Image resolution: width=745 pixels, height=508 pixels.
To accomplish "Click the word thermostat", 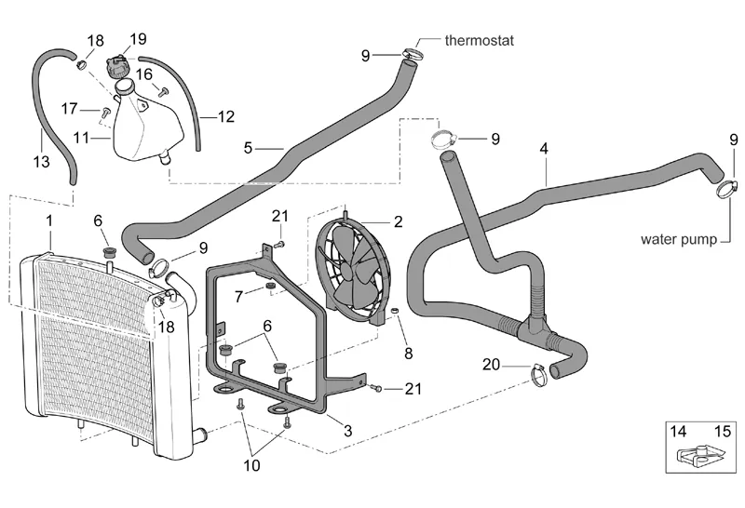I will [x=479, y=41].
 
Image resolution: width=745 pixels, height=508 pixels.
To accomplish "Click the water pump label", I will [x=679, y=239].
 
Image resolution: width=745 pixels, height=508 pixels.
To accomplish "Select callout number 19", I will [x=138, y=39].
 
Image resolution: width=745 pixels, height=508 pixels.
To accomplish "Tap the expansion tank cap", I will [x=118, y=68].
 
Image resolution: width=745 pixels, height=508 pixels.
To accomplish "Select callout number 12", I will [x=226, y=117].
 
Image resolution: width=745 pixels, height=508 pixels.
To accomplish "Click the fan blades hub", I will [x=355, y=271].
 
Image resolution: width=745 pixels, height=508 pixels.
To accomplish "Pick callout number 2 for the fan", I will [x=398, y=221].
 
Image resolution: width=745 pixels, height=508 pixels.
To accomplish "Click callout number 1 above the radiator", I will [x=49, y=221].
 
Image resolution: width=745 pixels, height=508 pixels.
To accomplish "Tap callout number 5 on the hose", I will [x=248, y=147].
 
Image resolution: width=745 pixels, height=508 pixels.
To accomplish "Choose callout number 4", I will [x=543, y=149].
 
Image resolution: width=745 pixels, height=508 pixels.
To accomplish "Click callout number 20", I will [x=491, y=365].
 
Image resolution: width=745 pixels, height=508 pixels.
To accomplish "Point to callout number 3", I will [x=347, y=431].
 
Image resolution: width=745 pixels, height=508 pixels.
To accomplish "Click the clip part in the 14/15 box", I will [x=690, y=456].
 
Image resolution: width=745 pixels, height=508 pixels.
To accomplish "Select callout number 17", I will [x=70, y=109].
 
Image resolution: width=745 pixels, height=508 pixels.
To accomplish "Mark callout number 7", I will [x=239, y=296].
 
